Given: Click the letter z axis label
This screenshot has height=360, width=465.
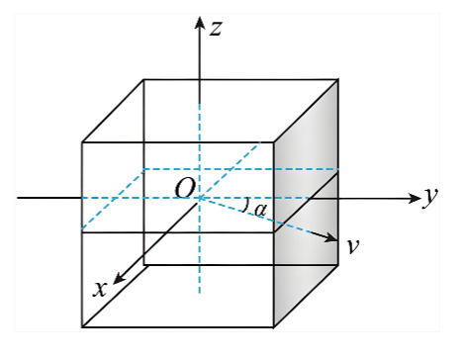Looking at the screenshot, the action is pos(216,28).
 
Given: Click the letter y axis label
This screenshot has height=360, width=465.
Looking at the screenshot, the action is pos(430,197).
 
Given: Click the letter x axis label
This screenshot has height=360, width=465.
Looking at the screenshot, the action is pos(100,289).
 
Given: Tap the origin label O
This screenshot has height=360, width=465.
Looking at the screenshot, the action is pos(185,189).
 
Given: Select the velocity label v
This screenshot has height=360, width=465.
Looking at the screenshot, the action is pos(353,246).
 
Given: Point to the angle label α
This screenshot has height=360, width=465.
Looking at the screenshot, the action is pos(260,210).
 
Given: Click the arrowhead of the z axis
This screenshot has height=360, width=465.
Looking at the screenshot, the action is pos(199,23).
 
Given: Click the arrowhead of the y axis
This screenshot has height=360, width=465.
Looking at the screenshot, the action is pos(415,198).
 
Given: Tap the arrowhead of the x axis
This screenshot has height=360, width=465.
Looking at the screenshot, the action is pos(119,279).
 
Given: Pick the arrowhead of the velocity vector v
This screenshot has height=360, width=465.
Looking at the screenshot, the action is pos(331,237).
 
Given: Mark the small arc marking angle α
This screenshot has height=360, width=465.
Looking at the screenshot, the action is pos(244,205).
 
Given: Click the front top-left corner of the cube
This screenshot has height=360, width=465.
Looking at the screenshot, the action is pos(82,142).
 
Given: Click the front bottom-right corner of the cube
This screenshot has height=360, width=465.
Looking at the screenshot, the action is pos(274,327).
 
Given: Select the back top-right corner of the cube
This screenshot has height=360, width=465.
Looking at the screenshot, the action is pos(338,79).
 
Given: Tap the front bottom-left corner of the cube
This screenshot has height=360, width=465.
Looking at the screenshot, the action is pos(82,327).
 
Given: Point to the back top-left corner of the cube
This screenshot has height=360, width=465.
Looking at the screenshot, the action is pos(143,79).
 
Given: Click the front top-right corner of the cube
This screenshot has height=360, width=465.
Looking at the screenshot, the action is pos(274,142).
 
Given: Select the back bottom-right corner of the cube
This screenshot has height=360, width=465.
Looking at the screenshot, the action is pos(338,265).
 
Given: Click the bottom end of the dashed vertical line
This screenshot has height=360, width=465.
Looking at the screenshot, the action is pos(199,293).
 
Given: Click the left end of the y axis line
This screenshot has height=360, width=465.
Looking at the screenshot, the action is pos(18,198).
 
